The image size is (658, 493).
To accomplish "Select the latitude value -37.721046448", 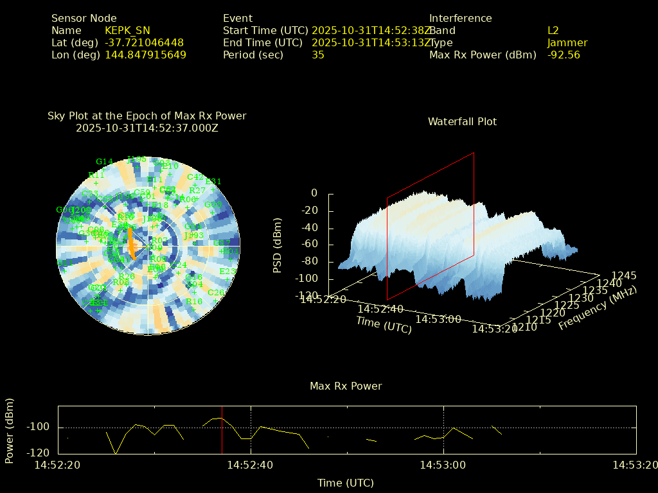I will point(144,42).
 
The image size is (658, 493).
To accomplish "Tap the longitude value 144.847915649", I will point(145,55).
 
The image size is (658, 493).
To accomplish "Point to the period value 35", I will point(317,55).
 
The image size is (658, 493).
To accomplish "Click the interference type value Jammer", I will point(567,42).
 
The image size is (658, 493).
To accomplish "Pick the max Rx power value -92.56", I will point(564,55).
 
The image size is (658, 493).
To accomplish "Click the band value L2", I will point(553,30).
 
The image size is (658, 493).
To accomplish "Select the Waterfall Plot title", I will point(462,121).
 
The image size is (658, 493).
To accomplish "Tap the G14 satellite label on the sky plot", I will point(104,162).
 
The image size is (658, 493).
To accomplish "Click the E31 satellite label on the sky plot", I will point(213,182).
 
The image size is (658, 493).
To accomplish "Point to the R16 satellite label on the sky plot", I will point(194,302).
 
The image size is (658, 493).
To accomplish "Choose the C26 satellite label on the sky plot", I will point(216,293).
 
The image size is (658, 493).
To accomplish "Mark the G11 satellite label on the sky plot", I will point(62,263).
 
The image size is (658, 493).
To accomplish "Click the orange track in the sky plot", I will point(131,242).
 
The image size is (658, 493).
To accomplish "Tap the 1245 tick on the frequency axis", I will point(624,276).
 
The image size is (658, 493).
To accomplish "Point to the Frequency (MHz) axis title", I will point(597,307).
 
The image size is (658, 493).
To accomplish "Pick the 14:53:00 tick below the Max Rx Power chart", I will point(443,464).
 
